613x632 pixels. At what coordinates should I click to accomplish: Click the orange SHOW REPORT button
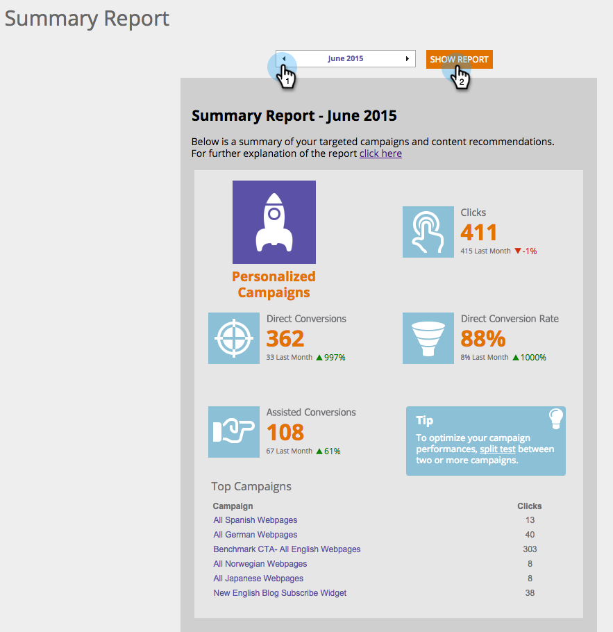459,59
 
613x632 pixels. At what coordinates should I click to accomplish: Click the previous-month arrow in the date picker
283,59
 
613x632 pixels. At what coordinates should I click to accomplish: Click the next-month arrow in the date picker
408,59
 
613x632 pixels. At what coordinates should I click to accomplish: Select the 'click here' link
380,153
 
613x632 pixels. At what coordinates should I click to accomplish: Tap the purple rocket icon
274,222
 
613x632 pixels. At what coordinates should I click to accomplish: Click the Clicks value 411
479,232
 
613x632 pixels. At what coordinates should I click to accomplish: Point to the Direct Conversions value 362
285,338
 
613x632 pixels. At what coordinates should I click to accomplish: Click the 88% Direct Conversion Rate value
483,338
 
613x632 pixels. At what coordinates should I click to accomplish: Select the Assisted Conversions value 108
285,432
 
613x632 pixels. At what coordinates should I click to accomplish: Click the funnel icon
428,338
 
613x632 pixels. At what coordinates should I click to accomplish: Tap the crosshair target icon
234,338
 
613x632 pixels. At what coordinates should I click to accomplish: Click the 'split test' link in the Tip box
497,449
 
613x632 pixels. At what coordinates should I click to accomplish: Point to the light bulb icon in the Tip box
555,418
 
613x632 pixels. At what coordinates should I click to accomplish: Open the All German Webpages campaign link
255,535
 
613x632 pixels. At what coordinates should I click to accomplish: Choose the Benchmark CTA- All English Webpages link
287,549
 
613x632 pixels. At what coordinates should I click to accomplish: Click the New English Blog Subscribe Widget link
280,593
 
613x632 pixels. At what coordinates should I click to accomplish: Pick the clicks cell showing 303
530,549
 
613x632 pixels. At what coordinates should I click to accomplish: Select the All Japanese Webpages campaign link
258,579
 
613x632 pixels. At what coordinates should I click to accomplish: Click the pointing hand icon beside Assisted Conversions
234,432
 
